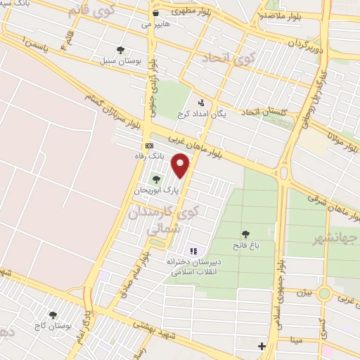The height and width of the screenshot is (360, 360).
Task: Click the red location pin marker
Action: click(181, 165)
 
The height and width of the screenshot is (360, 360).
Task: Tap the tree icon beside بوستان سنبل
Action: click(121, 50)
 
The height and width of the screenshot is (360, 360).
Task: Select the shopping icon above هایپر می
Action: click(155, 13)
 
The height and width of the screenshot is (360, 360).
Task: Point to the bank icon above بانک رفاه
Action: click(148, 145)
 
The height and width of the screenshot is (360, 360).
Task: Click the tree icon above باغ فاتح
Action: click(245, 234)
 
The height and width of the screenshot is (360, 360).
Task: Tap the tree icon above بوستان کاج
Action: click(53, 316)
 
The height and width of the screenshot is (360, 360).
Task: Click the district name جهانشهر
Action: click(337, 238)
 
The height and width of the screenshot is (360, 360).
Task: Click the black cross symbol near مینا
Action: click(262, 346)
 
